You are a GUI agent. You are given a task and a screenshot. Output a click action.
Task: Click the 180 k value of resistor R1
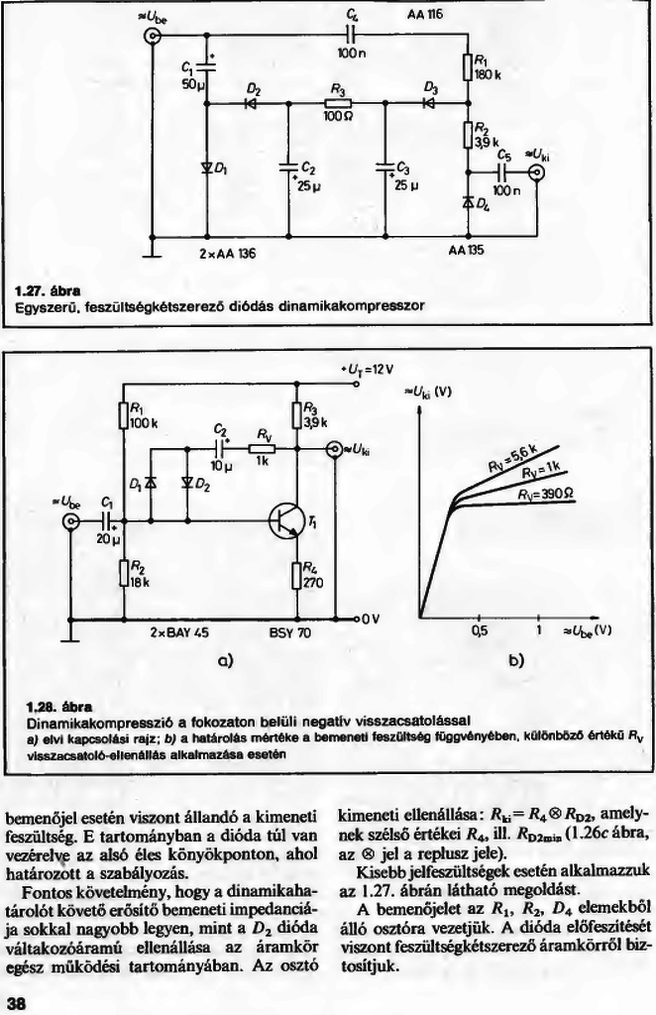487,73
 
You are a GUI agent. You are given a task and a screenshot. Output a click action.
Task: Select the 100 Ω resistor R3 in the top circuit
337,102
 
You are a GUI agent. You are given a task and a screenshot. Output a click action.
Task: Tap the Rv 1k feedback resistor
265,447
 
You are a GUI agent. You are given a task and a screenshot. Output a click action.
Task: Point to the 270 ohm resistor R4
296,574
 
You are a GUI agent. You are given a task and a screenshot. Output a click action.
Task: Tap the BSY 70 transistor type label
289,630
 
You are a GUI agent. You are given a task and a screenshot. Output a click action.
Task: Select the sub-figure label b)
516,659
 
